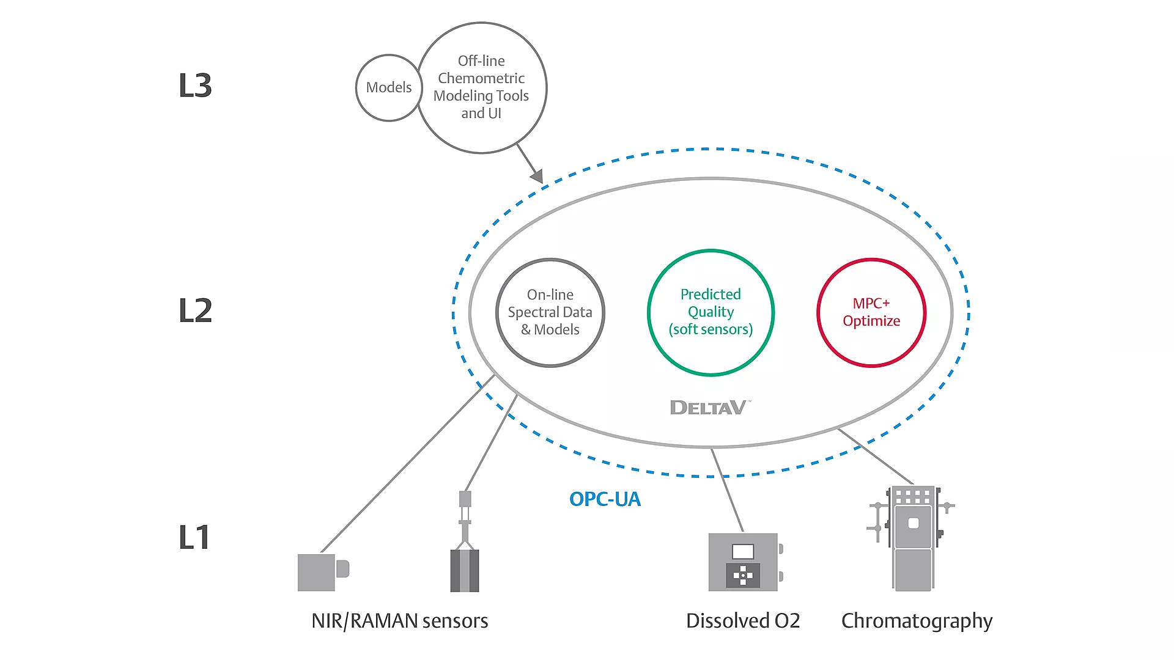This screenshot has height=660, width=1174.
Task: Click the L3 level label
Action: tap(195, 86)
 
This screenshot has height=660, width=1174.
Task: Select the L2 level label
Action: tap(195, 310)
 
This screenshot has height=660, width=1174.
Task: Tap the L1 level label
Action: tap(194, 538)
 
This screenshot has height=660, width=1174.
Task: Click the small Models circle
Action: tap(388, 87)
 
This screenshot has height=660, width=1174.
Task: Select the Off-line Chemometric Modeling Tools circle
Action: tap(482, 87)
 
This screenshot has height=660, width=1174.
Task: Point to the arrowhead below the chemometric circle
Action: tap(537, 177)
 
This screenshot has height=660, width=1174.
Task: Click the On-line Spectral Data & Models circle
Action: tap(550, 312)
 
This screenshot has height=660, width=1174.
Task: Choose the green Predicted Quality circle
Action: tap(711, 312)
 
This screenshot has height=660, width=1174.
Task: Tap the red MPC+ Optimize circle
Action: tap(871, 312)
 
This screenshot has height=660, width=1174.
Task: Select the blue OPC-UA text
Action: tap(605, 499)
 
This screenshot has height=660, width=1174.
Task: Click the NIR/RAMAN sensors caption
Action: tap(399, 621)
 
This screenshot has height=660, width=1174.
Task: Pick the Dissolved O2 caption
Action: tap(743, 621)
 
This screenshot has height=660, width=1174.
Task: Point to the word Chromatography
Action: tap(917, 621)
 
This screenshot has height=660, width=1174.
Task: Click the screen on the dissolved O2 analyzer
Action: tap(743, 551)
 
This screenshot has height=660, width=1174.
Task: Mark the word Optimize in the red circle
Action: tap(871, 321)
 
